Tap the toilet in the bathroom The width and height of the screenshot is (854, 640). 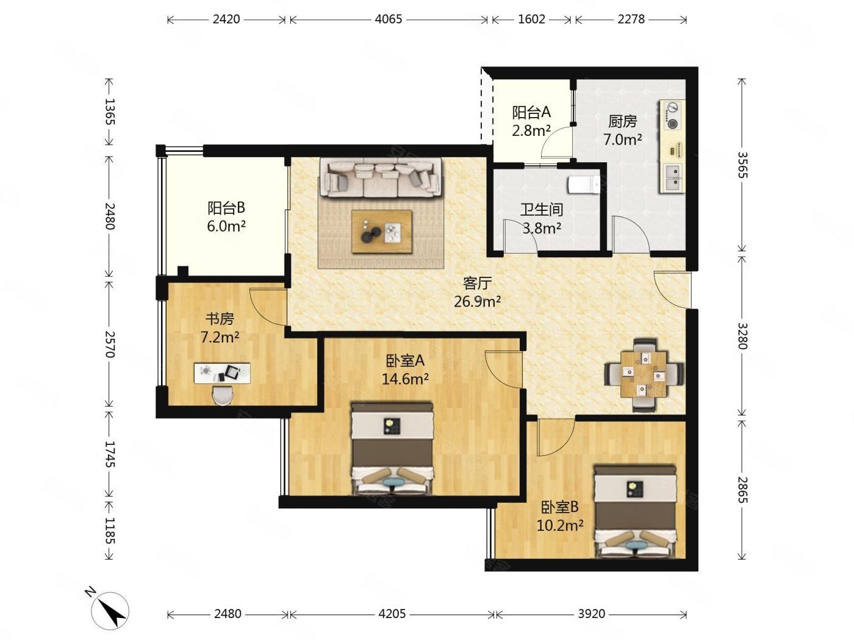[x=584, y=185]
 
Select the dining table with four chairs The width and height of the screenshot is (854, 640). [x=643, y=374]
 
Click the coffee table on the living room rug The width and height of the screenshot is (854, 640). [x=381, y=232]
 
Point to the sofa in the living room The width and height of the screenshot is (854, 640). [x=381, y=178]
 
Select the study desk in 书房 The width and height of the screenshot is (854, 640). [x=222, y=373]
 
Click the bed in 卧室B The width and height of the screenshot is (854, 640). [x=635, y=512]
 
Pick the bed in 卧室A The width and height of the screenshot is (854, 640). [x=392, y=449]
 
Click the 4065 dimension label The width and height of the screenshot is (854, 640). [x=389, y=19]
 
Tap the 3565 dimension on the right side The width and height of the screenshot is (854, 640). [x=742, y=165]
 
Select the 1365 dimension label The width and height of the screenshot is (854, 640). [x=109, y=112]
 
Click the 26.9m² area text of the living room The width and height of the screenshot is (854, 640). [x=477, y=301]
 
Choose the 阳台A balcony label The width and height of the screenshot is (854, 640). [x=531, y=112]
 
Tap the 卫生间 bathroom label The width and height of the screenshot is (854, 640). [x=542, y=210]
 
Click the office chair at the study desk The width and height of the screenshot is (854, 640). [x=223, y=396]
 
